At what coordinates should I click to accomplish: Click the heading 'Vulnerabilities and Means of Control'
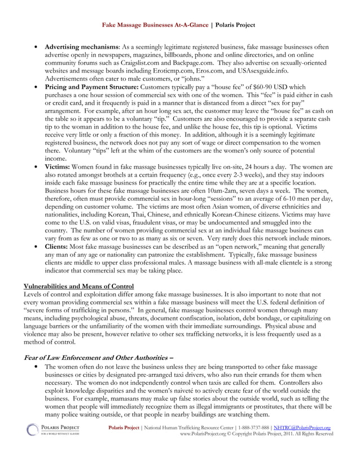tap(73, 287)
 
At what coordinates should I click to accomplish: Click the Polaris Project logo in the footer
tap(54, 430)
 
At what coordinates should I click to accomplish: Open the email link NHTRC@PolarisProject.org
tap(304, 428)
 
